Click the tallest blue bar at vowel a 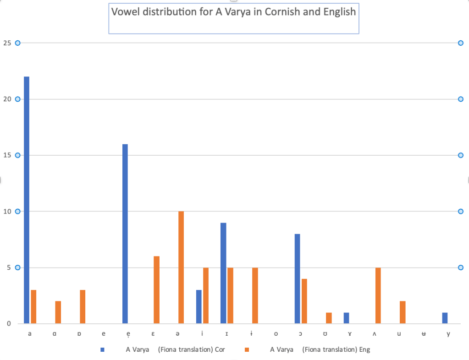[27, 200]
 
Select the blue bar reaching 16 [125, 234]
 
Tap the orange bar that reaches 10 [181, 267]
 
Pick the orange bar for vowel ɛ [156, 290]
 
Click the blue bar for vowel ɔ [298, 278]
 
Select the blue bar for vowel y [445, 318]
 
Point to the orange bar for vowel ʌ [378, 295]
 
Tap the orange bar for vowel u [403, 312]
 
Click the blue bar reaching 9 [223, 273]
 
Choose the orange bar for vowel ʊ [329, 318]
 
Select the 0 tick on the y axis [8, 324]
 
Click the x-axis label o [276, 334]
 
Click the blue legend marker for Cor [102, 350]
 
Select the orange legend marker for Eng [247, 350]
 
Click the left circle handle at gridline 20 [18, 99]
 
